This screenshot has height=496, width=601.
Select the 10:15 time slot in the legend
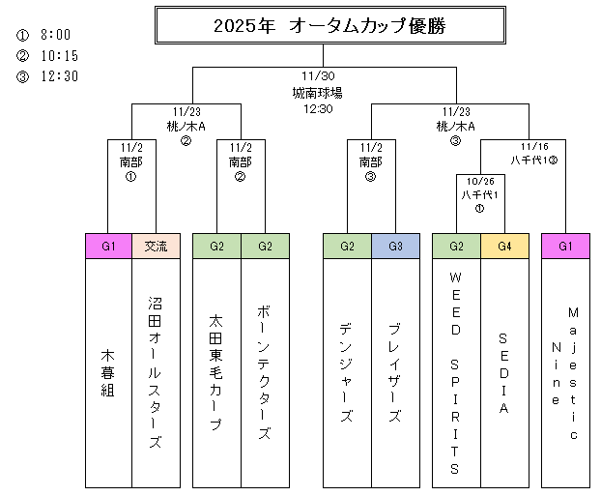click(x=59, y=55)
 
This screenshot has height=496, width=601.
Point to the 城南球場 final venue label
click(x=318, y=94)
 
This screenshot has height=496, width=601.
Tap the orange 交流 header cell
click(x=156, y=247)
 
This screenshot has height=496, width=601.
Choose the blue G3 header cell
click(x=395, y=247)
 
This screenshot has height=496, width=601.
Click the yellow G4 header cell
click(x=503, y=247)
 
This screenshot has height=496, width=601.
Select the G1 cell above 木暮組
click(x=108, y=247)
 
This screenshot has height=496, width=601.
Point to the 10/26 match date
click(x=480, y=180)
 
